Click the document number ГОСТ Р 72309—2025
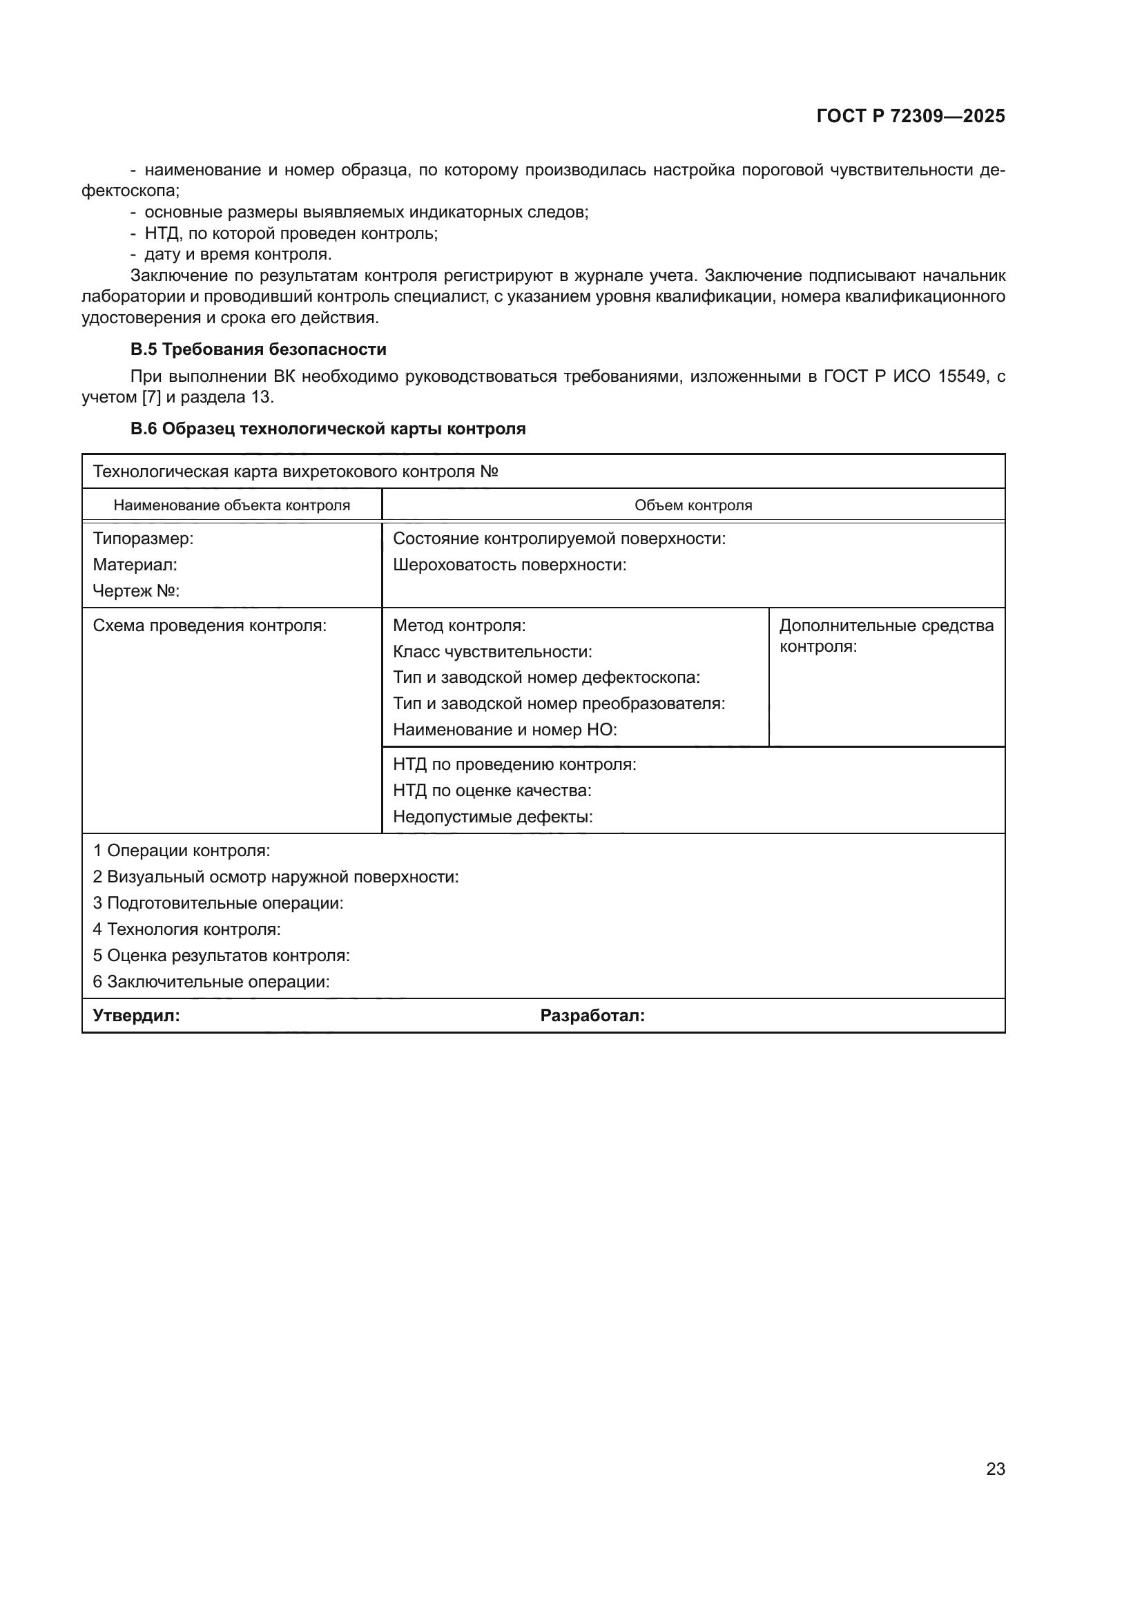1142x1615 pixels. coord(911,116)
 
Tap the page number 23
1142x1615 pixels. coord(995,1469)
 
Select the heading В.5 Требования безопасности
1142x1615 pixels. coord(258,349)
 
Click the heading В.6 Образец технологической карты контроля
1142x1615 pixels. coord(328,429)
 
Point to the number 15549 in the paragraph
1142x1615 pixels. coord(962,376)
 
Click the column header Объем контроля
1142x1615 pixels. coord(693,505)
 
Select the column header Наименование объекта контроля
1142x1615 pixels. coord(231,505)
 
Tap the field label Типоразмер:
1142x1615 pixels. coord(143,539)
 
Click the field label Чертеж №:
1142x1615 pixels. coord(136,591)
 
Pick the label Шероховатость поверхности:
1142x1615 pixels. coord(509,565)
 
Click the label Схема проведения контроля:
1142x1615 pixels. coord(210,626)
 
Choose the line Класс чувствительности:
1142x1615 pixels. coord(492,652)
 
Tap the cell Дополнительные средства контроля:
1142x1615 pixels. coord(886,635)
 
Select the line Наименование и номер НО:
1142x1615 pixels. coord(504,730)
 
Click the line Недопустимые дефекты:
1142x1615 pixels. coord(492,817)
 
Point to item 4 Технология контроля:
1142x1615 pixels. coord(186,929)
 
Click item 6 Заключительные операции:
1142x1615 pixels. coord(211,981)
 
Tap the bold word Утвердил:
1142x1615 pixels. coord(137,1016)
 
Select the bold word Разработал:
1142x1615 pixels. coord(592,1016)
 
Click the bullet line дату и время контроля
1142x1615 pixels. coord(238,254)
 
